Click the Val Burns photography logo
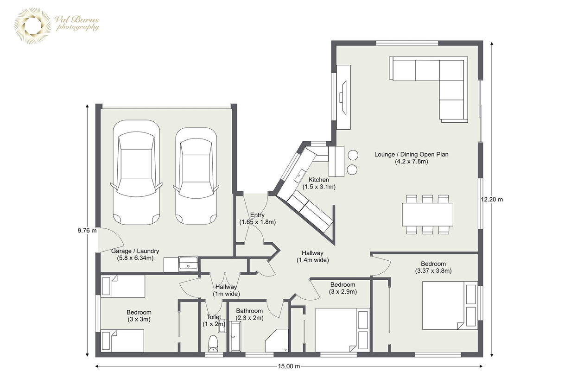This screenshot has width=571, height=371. [57, 26]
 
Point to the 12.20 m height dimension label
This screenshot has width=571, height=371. [492, 200]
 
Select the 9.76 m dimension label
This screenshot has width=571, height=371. [87, 231]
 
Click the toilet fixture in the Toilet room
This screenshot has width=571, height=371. [213, 344]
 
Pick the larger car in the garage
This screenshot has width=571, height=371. [136, 172]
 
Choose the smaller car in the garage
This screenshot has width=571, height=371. [196, 176]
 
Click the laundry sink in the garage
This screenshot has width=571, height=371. [188, 264]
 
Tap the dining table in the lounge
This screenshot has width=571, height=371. [427, 214]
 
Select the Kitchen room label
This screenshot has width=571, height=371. [319, 183]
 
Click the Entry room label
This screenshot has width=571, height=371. [258, 218]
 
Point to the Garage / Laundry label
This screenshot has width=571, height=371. [135, 254]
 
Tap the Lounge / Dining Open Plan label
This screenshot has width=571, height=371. [412, 158]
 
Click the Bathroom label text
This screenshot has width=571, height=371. [249, 311]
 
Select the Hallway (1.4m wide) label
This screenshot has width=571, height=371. [312, 256]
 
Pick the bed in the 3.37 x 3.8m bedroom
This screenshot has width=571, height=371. [450, 305]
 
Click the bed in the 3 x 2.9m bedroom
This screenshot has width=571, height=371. [343, 330]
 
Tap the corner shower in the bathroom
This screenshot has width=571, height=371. [277, 341]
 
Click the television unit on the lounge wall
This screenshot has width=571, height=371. [343, 97]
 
